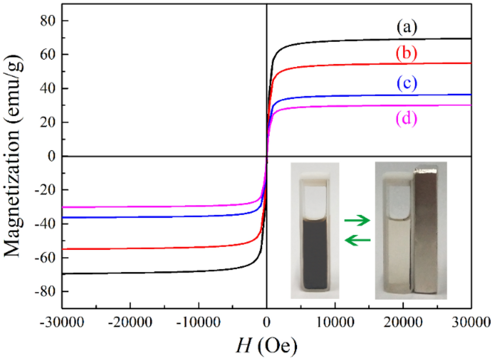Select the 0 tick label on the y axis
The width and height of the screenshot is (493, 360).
click(x=51, y=156)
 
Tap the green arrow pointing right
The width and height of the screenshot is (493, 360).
click(x=356, y=221)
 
